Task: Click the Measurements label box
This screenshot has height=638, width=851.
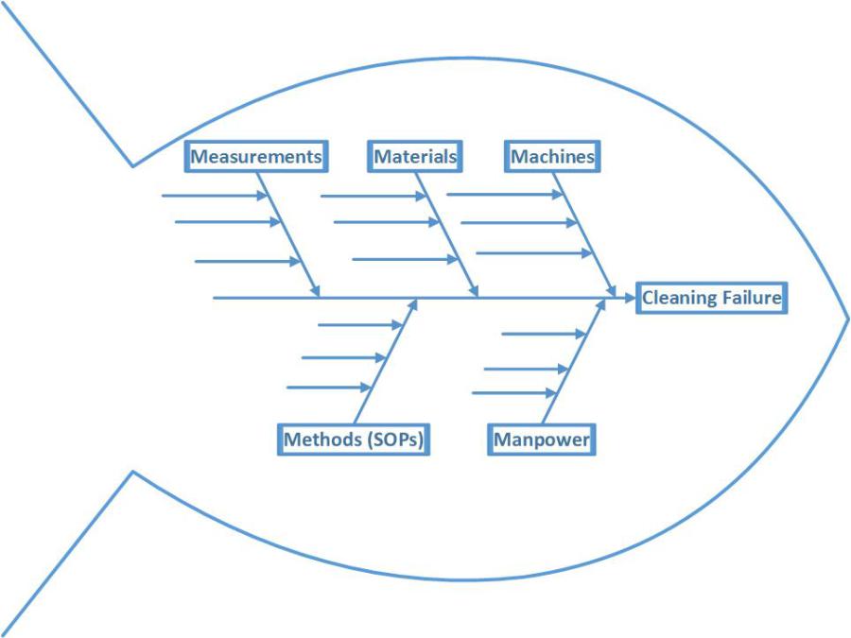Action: tap(257, 157)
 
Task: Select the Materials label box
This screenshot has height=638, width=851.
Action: tap(415, 157)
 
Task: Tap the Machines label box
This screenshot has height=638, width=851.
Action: tap(553, 157)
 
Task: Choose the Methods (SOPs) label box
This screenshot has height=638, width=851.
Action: tap(354, 440)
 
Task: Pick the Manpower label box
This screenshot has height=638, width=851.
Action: tap(542, 440)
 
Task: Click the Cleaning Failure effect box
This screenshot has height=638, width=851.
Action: tap(711, 298)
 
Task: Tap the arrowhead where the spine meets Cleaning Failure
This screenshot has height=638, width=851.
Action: tap(629, 298)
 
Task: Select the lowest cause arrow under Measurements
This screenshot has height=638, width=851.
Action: tap(248, 261)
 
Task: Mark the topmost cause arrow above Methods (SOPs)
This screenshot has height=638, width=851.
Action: tap(360, 324)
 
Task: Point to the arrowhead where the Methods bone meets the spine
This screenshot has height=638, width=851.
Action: tap(412, 304)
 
